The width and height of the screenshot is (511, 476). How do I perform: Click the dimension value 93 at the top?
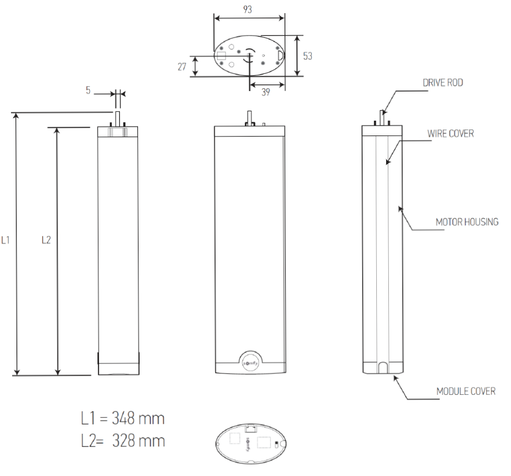[x=248, y=10]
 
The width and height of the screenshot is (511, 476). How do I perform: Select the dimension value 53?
[x=308, y=56]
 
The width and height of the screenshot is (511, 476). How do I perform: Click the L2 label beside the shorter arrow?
[x=47, y=240]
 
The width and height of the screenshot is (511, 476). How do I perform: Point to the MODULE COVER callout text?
[x=466, y=392]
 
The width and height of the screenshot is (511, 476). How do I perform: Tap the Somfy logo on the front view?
[x=250, y=361]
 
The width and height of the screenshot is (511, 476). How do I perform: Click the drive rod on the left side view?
[x=117, y=118]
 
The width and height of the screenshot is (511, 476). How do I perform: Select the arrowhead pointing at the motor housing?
[x=401, y=209]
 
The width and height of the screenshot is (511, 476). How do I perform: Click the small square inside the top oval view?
[x=221, y=55]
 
